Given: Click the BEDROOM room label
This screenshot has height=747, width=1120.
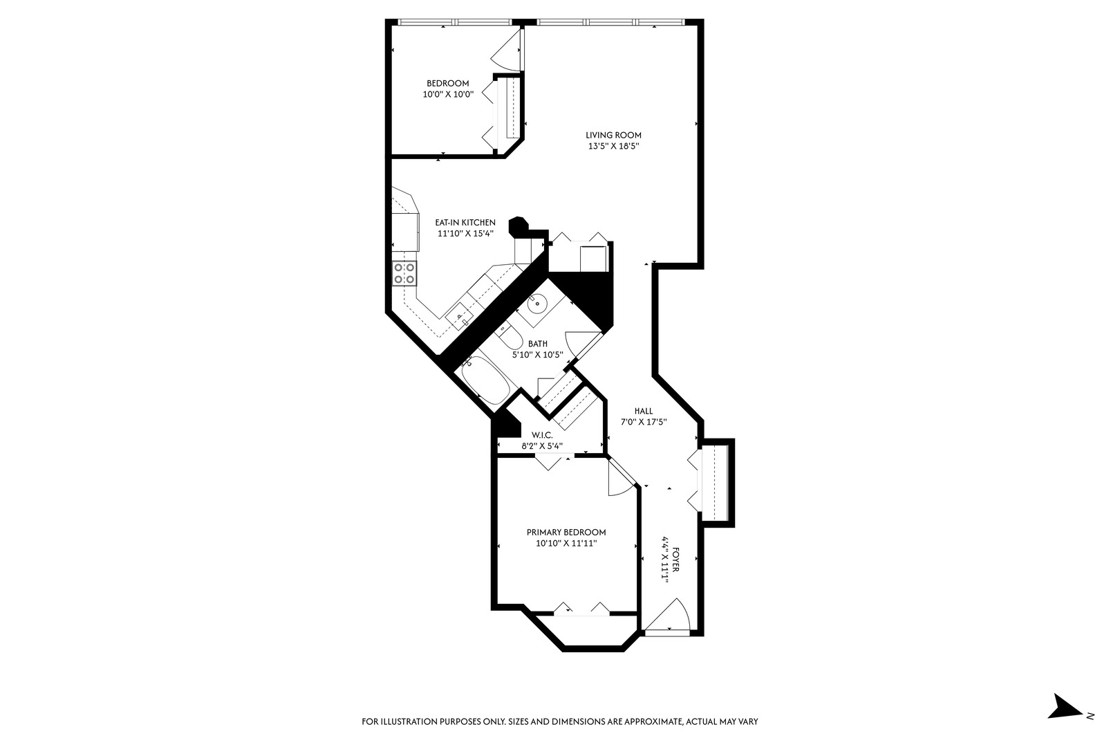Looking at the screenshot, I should [x=447, y=84].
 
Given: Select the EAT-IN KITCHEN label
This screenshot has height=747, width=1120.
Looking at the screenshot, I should [x=465, y=223].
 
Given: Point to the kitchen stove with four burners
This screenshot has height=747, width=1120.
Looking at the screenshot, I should [x=404, y=273].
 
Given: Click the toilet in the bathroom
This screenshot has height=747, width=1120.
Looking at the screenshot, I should [x=512, y=338].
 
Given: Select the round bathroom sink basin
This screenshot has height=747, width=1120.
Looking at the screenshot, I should [x=538, y=303].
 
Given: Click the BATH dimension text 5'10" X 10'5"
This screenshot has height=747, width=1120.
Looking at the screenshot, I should [x=538, y=355].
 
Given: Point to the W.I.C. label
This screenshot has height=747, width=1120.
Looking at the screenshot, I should [x=541, y=435].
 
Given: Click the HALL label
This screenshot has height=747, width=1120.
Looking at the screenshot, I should [x=643, y=412].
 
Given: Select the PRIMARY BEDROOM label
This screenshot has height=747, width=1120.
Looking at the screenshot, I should [x=566, y=533].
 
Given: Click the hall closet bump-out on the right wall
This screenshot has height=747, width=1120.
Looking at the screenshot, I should [x=715, y=482].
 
